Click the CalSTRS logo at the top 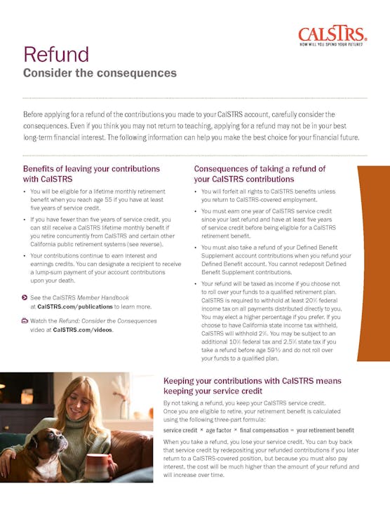click(331, 33)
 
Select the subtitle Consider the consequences click(100, 73)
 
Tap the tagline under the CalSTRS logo click(332, 45)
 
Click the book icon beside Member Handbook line click(25, 298)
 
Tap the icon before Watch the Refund click(25, 321)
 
